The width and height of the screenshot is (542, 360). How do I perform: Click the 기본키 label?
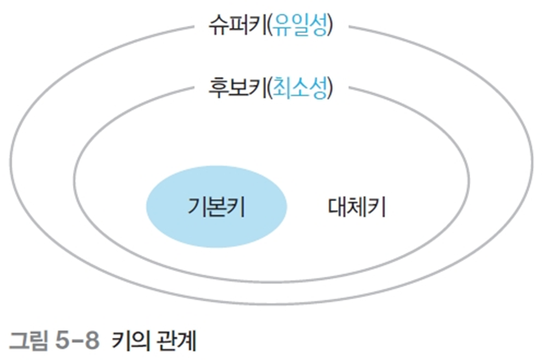pyautogui.click(x=216, y=207)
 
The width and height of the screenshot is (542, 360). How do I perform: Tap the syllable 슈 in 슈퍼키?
pyautogui.click(x=218, y=26)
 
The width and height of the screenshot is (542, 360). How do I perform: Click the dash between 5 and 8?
pyautogui.click(x=77, y=342)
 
